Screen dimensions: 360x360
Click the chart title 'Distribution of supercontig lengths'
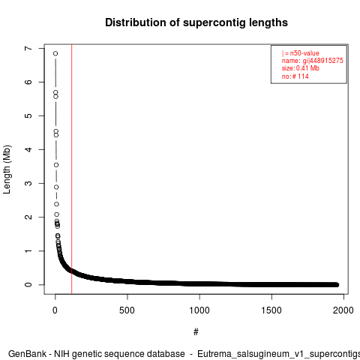pyautogui.click(x=196, y=22)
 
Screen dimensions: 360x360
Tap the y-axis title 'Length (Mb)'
pyautogui.click(x=7, y=169)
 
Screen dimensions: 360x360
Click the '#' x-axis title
pyautogui.click(x=196, y=332)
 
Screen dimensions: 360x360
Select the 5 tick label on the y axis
pyautogui.click(x=28, y=115)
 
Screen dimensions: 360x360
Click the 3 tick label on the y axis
pyautogui.click(x=28, y=183)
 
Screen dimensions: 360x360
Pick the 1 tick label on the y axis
pyautogui.click(x=28, y=250)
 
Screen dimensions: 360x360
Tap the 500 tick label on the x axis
pyautogui.click(x=127, y=310)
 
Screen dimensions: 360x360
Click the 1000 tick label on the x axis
pyautogui.click(x=199, y=310)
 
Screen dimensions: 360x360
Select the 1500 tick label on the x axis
pyautogui.click(x=271, y=310)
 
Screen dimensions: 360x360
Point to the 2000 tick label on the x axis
pyautogui.click(x=343, y=310)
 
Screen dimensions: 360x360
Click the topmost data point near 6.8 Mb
pyautogui.click(x=55, y=53)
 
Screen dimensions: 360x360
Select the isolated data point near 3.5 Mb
pyautogui.click(x=56, y=165)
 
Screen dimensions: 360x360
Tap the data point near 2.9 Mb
pyautogui.click(x=56, y=187)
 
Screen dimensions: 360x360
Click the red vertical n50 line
pyautogui.click(x=72, y=169)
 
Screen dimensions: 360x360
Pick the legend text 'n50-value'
pyautogui.click(x=304, y=53)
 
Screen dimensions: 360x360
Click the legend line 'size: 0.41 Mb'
pyautogui.click(x=301, y=68)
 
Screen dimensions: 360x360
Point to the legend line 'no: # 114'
pyautogui.click(x=295, y=76)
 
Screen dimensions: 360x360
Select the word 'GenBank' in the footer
pyautogui.click(x=27, y=354)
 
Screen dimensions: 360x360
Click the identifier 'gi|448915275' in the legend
pyautogui.click(x=322, y=61)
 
